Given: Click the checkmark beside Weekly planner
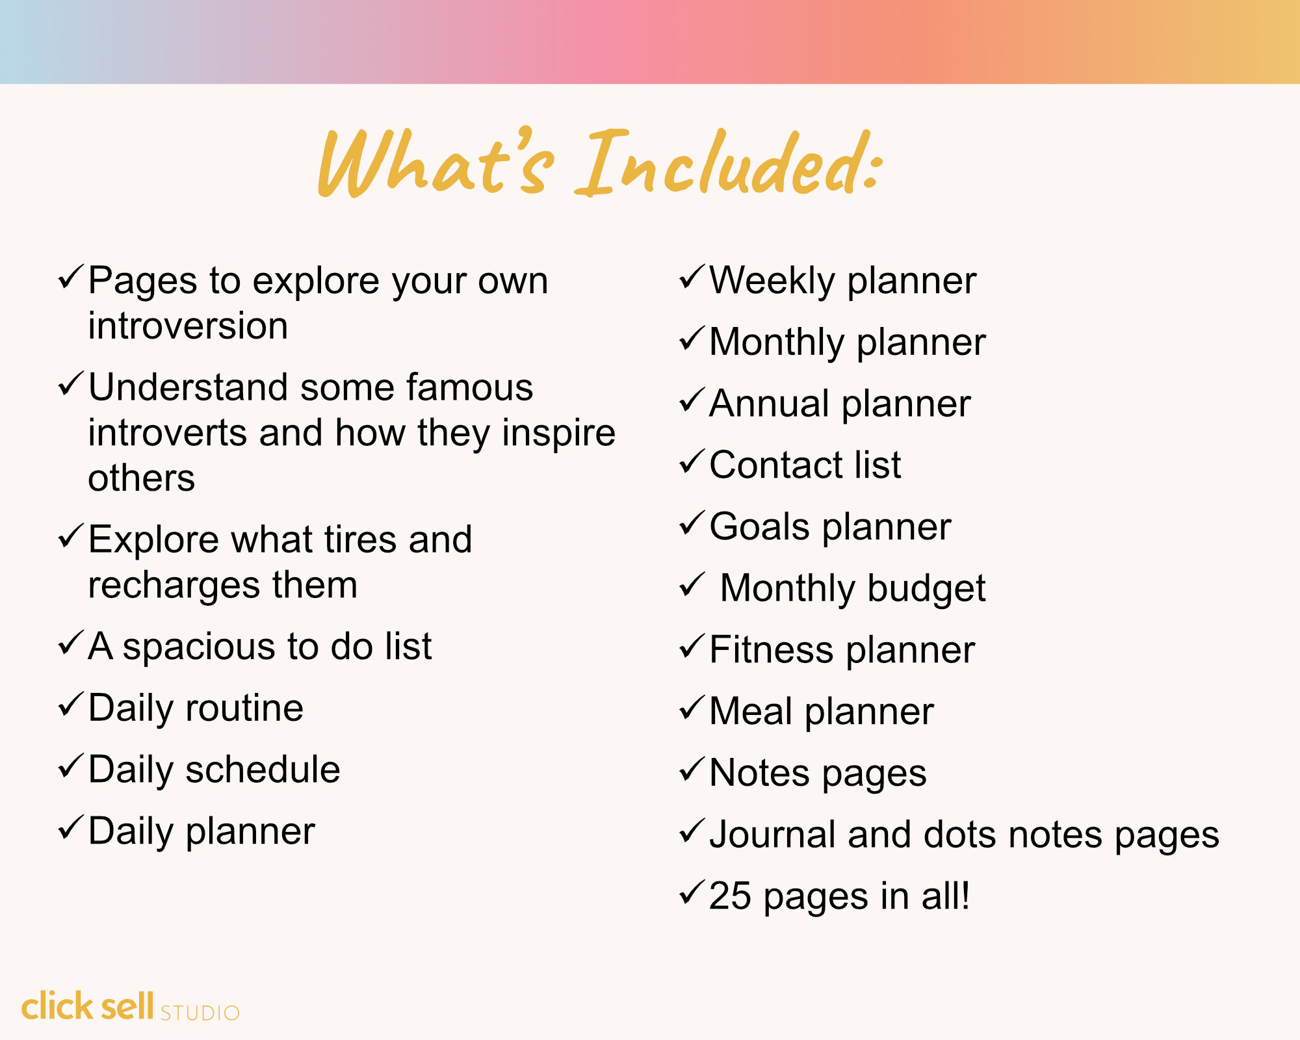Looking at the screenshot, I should click(x=692, y=278).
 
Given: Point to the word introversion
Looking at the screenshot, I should click(x=188, y=326).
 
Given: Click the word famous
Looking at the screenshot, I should click(x=469, y=387).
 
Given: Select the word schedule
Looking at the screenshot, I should click(x=263, y=770).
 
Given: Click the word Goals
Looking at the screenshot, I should click(x=759, y=526).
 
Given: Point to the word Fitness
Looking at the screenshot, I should click(x=771, y=649).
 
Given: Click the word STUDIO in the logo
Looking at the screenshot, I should click(x=200, y=1013).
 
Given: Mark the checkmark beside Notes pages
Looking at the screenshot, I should click(x=692, y=770).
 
